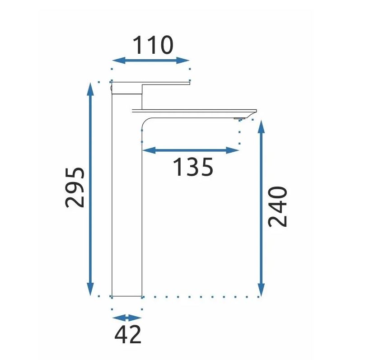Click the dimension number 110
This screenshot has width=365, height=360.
(153, 45)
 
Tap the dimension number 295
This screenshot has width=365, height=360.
(75, 187)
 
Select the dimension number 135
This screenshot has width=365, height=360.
(193, 167)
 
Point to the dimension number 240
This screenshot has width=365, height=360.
(278, 206)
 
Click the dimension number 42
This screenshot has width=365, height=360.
(128, 335)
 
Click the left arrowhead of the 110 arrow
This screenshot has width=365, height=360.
(119, 61)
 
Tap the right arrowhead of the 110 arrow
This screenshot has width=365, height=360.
(183, 61)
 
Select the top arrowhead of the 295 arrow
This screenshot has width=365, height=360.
(90, 89)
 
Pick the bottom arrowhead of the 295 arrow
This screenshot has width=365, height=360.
(90, 289)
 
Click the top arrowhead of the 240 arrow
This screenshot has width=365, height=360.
(261, 126)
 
